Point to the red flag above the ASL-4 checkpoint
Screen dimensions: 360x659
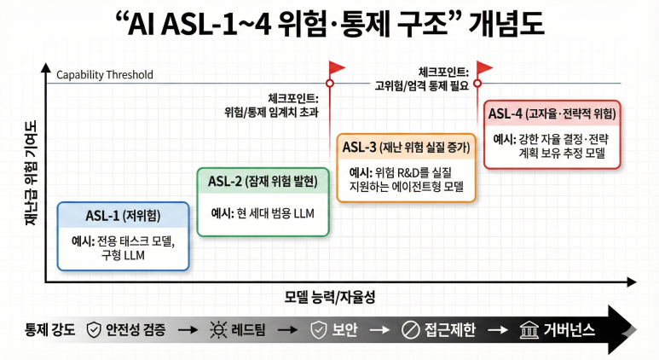click(x=484, y=67)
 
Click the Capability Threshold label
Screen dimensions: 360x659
click(x=105, y=75)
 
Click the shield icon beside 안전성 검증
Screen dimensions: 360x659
click(x=93, y=329)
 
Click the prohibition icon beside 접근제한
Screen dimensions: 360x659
click(x=411, y=329)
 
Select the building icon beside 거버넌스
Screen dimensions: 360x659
click(x=529, y=329)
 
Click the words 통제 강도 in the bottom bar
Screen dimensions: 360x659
click(x=50, y=329)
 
